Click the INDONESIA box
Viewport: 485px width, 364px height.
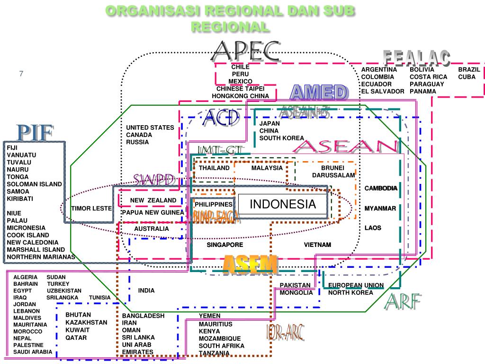coord(283,205)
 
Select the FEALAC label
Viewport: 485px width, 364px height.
coord(416,58)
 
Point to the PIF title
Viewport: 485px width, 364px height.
coord(35,133)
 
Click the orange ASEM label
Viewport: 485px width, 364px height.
coord(250,264)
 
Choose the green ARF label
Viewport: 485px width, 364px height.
coord(403,302)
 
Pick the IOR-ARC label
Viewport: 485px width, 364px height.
coord(285,333)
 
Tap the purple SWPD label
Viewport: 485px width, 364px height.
coord(154,181)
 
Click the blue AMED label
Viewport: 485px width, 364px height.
coord(319,92)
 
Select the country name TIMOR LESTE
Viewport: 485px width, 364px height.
coord(91,209)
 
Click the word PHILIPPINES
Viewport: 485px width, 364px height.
coord(214,204)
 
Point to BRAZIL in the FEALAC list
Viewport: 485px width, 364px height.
coord(469,70)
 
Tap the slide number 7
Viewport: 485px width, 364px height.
coord(21,73)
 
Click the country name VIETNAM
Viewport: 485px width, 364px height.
coord(317,245)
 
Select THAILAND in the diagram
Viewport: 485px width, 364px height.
coord(214,168)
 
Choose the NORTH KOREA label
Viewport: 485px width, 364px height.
coord(350,292)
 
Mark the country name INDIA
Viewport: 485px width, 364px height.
coord(146,291)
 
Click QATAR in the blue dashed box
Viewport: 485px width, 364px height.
coord(76,338)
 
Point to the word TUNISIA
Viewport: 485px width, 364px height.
coord(99,298)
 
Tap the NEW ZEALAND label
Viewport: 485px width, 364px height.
coord(153,200)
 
